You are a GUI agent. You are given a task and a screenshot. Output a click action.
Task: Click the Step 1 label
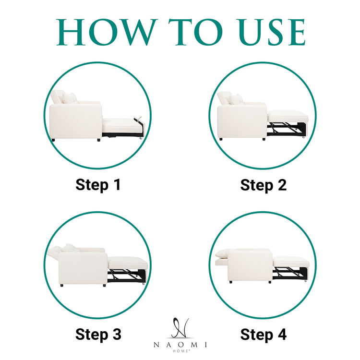click(x=98, y=185)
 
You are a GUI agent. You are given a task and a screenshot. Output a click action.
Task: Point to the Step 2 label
click(x=264, y=185)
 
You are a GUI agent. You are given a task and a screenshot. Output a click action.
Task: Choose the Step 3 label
click(x=98, y=334)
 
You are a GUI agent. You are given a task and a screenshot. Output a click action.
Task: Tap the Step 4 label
click(x=264, y=334)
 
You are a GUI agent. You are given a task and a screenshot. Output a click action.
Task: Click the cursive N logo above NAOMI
click(x=180, y=328)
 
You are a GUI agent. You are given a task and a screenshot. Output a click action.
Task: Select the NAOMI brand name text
click(x=180, y=345)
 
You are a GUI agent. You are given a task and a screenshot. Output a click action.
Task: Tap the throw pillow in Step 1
click(x=70, y=98)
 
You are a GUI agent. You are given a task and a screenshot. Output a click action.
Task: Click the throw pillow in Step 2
click(x=236, y=100)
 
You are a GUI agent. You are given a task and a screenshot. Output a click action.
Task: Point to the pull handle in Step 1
click(x=138, y=119)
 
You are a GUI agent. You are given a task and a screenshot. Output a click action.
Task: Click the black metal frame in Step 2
click(x=287, y=129)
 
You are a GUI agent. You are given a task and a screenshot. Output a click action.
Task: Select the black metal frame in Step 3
click(x=126, y=276)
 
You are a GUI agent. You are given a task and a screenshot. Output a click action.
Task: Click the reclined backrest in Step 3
click(x=54, y=252)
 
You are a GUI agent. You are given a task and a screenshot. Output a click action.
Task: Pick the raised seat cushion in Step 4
click(x=291, y=262)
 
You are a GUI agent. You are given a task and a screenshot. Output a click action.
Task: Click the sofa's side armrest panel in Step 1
click(x=75, y=121)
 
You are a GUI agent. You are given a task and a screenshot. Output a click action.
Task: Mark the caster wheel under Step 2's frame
click(x=304, y=137)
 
